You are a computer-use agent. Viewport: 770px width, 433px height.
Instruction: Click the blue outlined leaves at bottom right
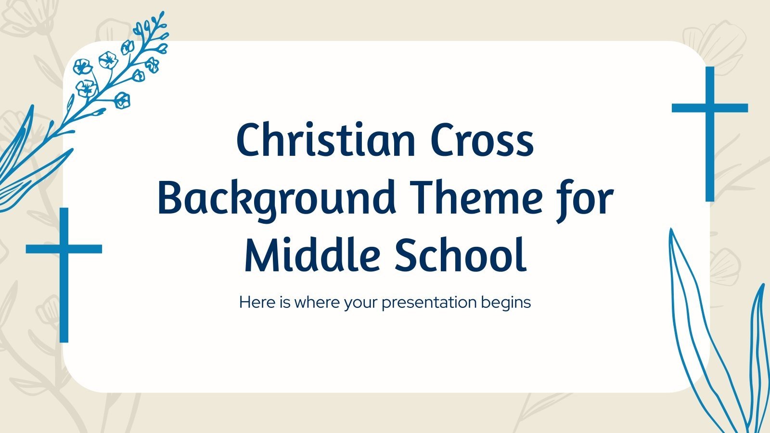click(x=712, y=337)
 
